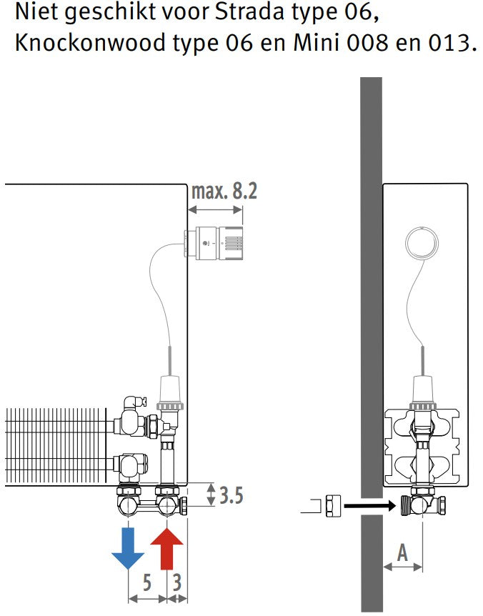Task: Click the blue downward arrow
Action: coord(128,547)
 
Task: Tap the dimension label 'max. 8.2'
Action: coord(224,192)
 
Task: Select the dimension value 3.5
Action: coord(231,495)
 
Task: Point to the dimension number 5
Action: coord(147,582)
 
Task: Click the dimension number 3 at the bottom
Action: coord(177,582)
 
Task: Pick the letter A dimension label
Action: coord(402,552)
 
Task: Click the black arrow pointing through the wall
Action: coord(370,506)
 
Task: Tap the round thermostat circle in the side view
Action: coord(422,243)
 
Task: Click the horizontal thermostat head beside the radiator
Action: coord(214,244)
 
